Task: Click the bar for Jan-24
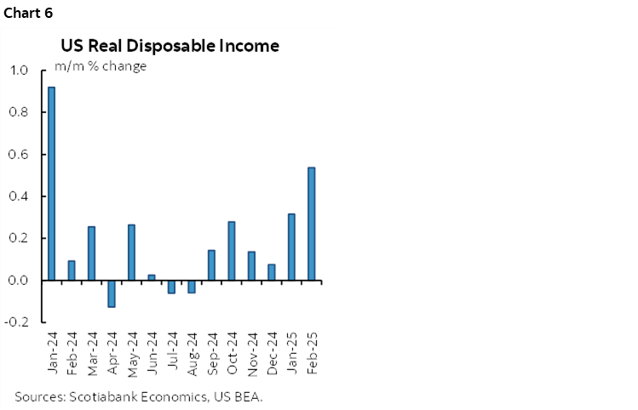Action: [52, 184]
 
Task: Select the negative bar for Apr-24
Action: [112, 293]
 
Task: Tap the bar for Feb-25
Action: [312, 224]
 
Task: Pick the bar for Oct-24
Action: [232, 251]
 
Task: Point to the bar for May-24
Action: [132, 253]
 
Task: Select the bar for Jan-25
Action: [291, 247]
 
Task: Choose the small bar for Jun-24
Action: [152, 277]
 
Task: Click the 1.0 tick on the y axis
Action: [18, 71]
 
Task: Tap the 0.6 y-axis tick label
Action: [18, 155]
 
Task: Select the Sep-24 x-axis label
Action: [212, 348]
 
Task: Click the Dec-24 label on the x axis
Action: [272, 348]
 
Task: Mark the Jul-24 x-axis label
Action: [172, 348]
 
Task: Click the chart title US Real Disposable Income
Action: [170, 46]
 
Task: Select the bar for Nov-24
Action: [251, 265]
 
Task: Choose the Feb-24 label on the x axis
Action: [72, 348]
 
